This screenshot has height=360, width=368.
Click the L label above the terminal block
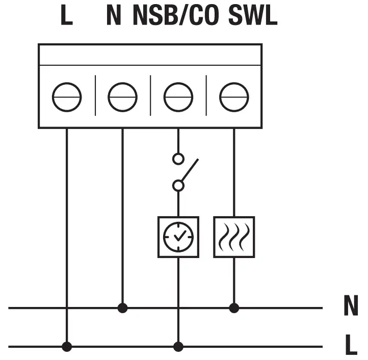click(67, 16)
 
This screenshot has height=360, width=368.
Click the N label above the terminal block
click(114, 16)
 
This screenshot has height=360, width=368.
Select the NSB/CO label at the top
click(176, 16)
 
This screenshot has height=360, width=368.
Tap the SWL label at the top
click(253, 16)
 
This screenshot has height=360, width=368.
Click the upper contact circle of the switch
click(178, 159)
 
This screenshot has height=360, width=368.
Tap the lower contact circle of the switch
click(178, 186)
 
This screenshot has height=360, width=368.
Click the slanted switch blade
click(189, 171)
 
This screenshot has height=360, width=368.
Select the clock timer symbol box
click(178, 237)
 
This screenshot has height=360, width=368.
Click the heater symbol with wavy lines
click(234, 237)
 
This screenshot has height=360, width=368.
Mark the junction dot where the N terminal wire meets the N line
click(122, 308)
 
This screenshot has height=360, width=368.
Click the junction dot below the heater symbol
click(234, 308)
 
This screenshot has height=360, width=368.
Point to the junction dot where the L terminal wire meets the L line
click(67, 347)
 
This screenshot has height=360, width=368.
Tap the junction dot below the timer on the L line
click(178, 347)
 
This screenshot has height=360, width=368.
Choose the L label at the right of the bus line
click(351, 346)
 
